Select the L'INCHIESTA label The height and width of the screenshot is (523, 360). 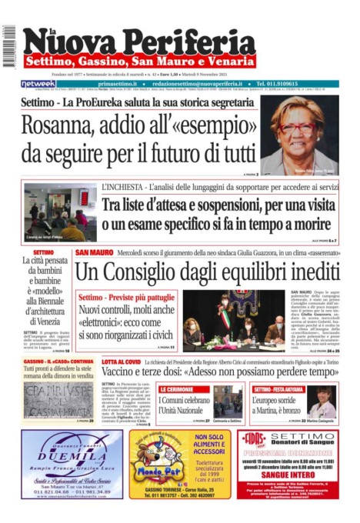coord(122,187)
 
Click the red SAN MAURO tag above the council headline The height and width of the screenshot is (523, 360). coord(94,252)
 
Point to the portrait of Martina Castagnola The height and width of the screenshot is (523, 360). coord(322,405)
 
